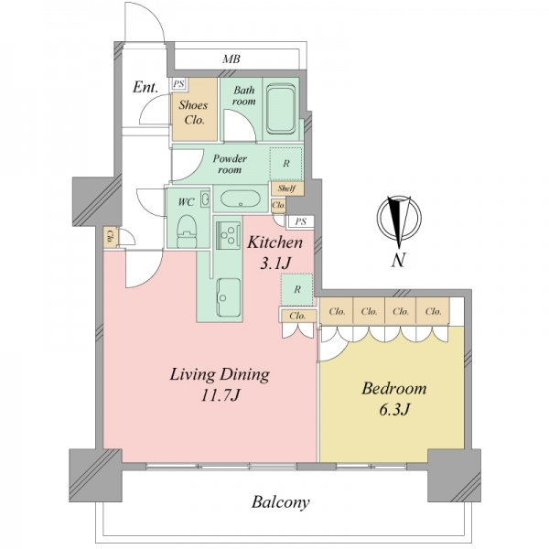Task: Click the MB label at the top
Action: click(231, 59)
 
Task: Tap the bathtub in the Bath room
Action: click(281, 109)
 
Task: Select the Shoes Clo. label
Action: click(193, 113)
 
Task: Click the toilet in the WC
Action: click(187, 231)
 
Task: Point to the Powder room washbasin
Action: click(240, 199)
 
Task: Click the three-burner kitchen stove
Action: click(228, 235)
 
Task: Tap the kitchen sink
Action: click(229, 296)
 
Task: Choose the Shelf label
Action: click(286, 188)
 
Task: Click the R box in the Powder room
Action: click(285, 164)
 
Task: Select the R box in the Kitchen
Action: click(296, 289)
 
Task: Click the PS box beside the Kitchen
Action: click(300, 222)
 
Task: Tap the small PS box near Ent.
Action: click(179, 84)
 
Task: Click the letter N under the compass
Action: click(398, 260)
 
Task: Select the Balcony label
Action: click(281, 502)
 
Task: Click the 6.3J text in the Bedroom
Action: click(394, 409)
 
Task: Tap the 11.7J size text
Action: click(221, 395)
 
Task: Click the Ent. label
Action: click(145, 87)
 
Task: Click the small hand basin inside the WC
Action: click(206, 199)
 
